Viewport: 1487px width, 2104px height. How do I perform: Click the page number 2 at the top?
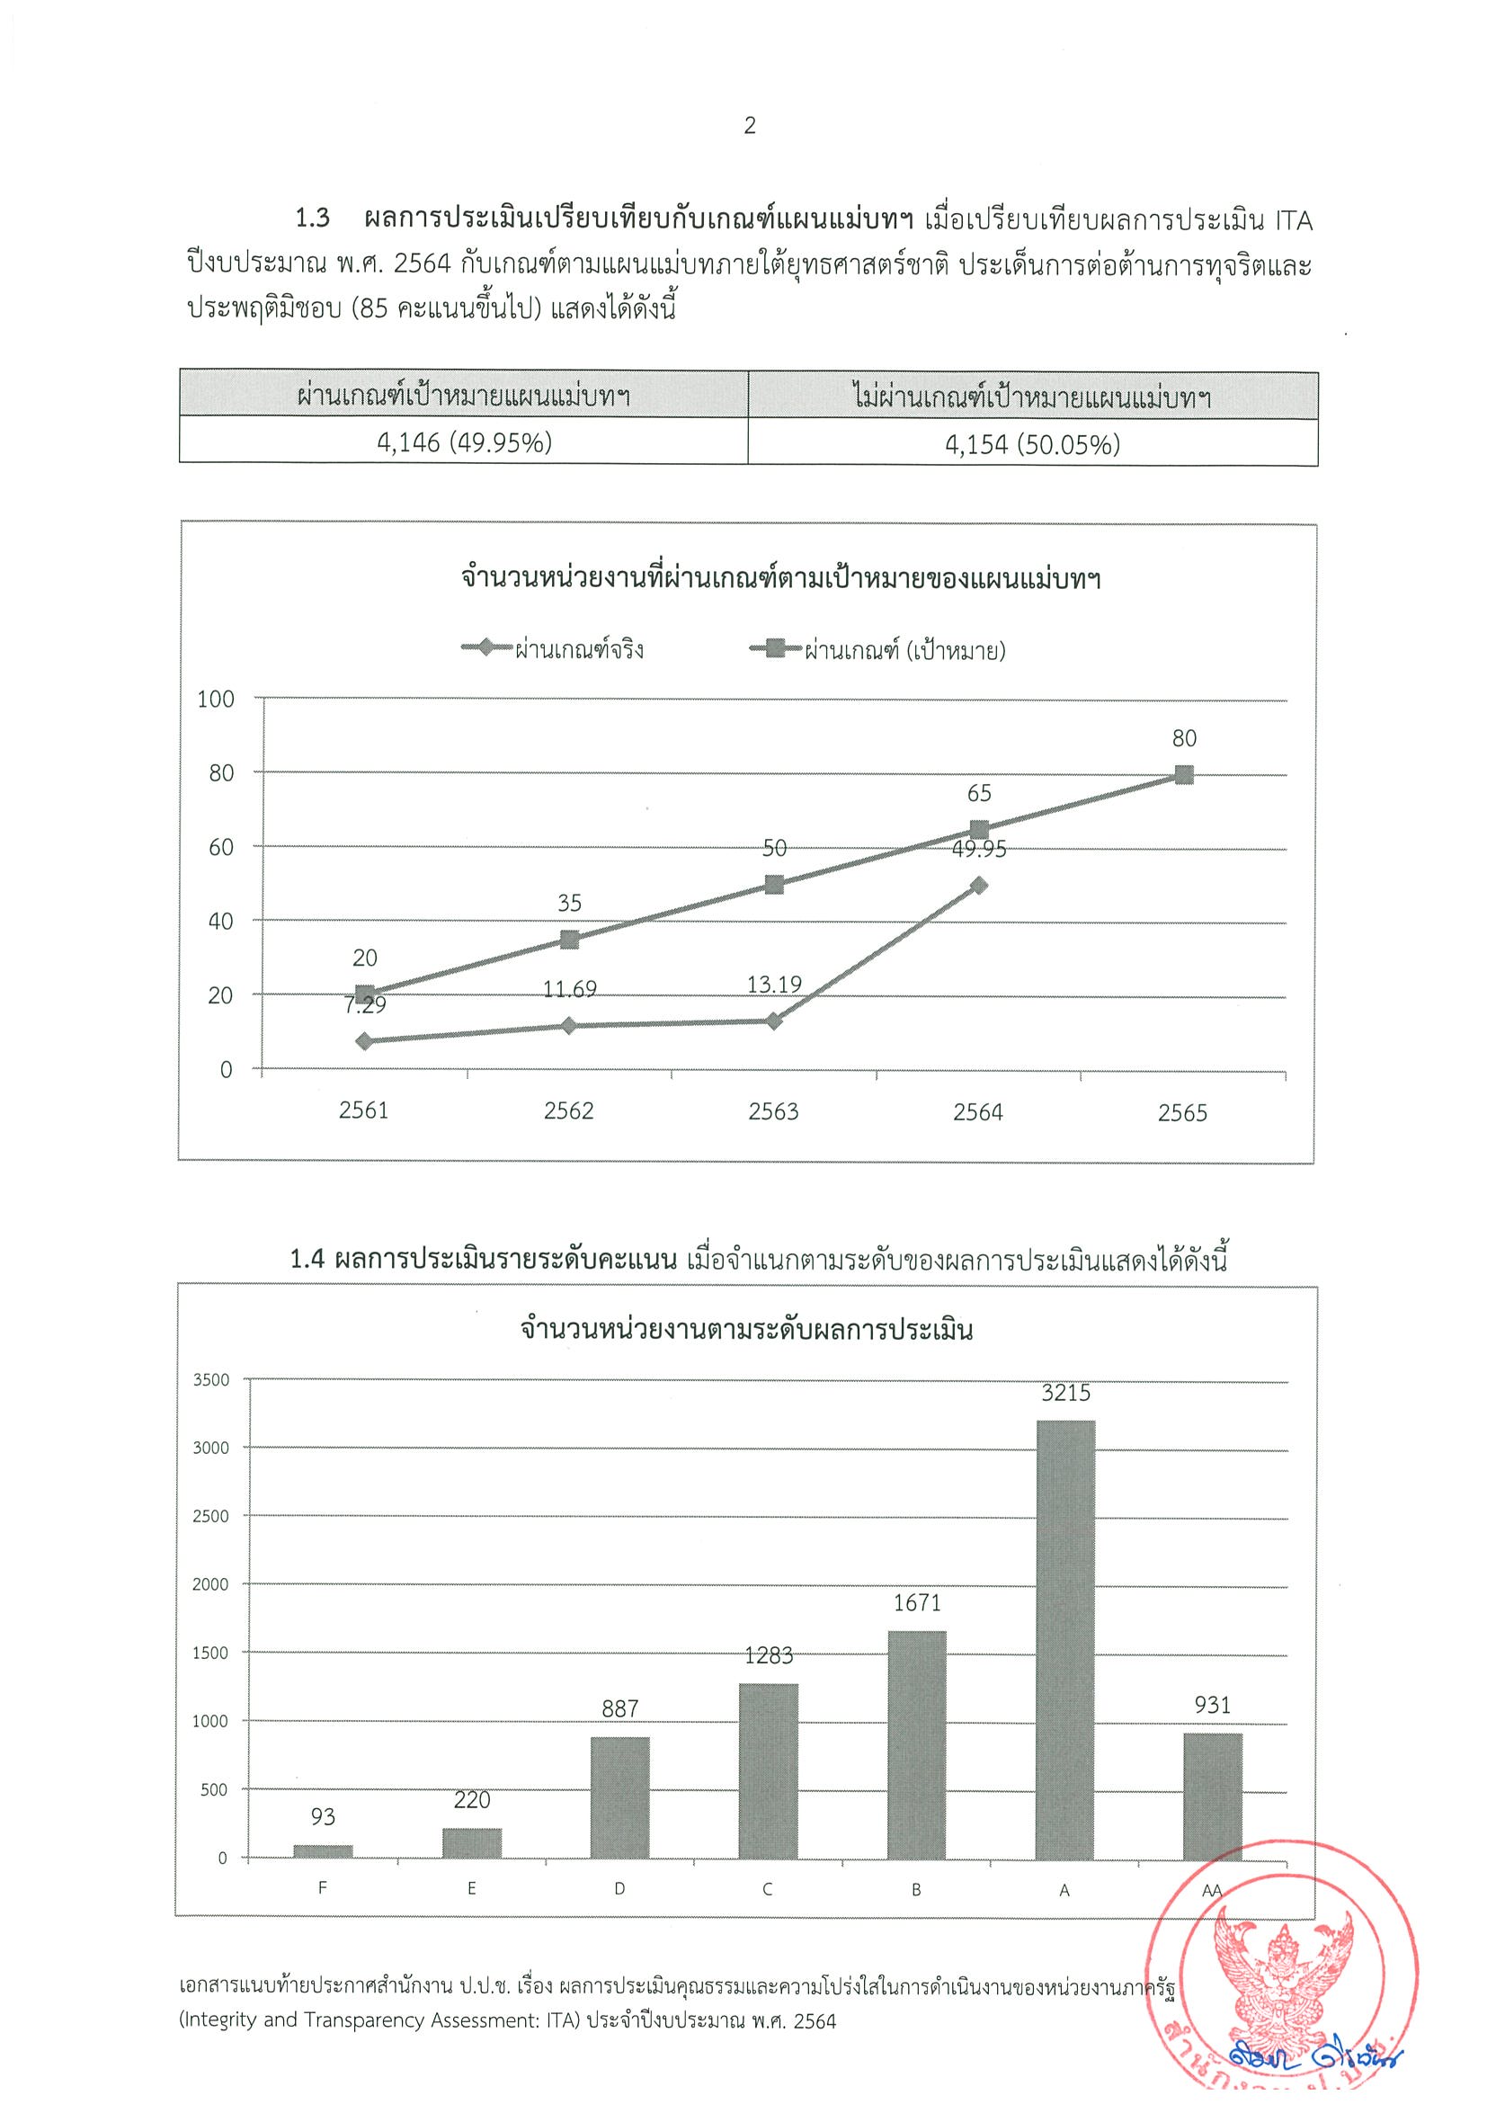tap(749, 126)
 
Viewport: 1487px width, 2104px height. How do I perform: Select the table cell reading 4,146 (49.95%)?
tap(465, 442)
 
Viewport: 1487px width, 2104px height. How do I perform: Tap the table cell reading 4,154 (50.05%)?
tap(1033, 445)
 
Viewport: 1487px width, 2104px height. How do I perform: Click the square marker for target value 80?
tap(1184, 775)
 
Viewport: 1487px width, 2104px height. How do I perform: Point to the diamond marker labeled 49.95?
tap(979, 886)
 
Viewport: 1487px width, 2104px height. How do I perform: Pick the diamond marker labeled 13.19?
tap(774, 1021)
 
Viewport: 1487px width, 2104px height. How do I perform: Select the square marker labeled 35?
tap(569, 940)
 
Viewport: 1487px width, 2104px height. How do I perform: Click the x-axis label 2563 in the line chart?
tap(773, 1111)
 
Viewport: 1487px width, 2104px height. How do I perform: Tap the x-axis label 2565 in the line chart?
tap(1182, 1113)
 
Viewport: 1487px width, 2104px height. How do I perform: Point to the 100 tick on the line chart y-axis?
tap(217, 700)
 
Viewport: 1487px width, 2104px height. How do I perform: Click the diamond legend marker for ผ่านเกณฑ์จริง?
tap(486, 648)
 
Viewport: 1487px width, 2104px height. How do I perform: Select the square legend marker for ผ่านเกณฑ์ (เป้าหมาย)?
tap(775, 650)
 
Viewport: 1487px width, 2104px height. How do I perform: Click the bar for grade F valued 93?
tap(323, 1850)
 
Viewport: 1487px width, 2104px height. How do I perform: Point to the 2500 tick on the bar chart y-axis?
tap(209, 1517)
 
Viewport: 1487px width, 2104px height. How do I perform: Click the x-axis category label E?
tap(471, 1888)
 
